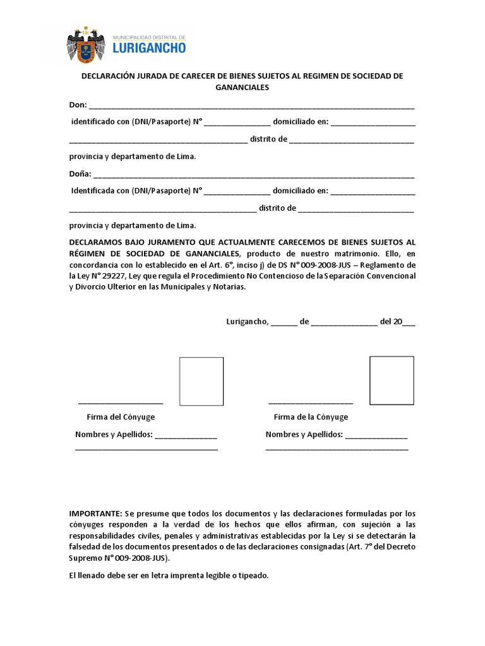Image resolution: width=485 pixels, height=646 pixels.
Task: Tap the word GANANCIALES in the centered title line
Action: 242,88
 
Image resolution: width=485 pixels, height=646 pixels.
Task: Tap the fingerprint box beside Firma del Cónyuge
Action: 201,381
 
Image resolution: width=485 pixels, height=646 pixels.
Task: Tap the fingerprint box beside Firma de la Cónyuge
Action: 392,380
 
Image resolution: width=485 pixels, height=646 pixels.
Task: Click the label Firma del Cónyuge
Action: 121,417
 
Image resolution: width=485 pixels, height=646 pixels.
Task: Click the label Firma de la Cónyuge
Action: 311,417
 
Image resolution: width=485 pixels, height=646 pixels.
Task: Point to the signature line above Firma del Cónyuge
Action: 121,402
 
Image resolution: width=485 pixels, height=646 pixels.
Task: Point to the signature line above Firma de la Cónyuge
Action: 311,402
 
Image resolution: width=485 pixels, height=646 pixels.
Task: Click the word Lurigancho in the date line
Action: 248,321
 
